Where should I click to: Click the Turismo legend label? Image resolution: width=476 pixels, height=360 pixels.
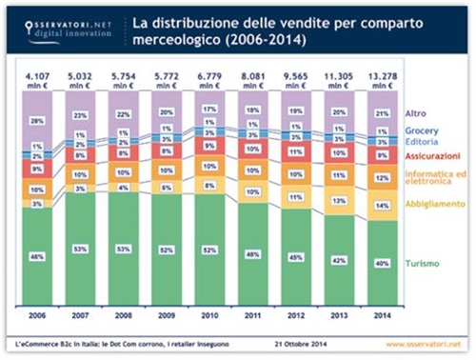(x=424, y=263)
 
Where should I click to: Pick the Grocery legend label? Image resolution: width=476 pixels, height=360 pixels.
(x=423, y=130)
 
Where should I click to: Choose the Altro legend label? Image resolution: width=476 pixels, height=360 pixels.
(x=416, y=113)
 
